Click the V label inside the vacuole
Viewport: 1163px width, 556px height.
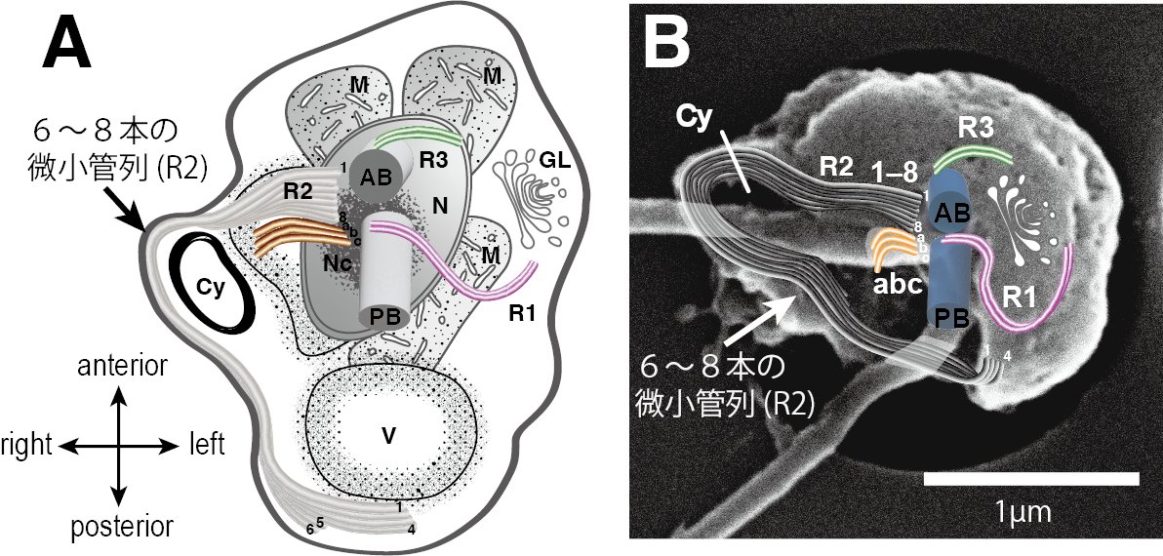tap(388, 437)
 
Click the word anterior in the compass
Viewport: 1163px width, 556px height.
tap(119, 368)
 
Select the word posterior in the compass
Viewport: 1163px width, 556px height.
tap(121, 528)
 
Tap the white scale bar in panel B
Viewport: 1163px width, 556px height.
tap(1031, 479)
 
